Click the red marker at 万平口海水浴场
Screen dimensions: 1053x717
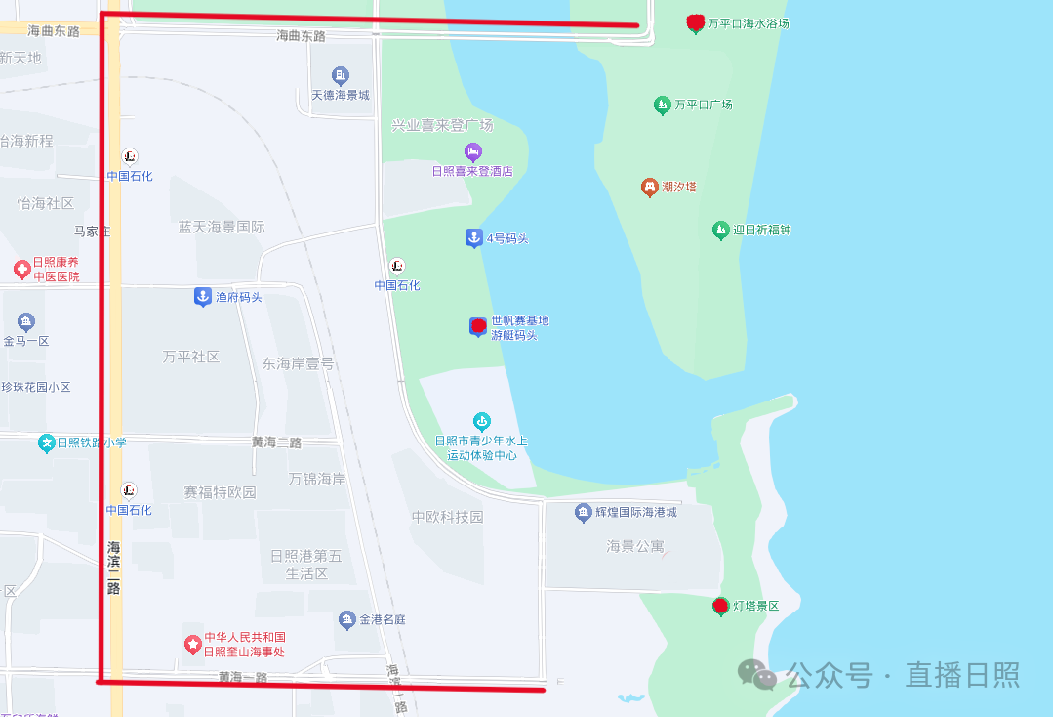[695, 22]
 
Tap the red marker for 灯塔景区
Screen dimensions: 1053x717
[721, 607]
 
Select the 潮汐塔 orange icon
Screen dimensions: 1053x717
[650, 187]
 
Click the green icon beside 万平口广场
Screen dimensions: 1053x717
[663, 105]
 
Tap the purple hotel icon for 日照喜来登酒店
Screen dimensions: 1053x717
[472, 152]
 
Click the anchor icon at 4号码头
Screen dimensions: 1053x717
[473, 238]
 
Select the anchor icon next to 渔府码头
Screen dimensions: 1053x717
[202, 296]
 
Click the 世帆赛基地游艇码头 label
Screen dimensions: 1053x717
[519, 328]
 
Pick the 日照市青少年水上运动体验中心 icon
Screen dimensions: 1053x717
[481, 421]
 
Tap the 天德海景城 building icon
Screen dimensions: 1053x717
[340, 76]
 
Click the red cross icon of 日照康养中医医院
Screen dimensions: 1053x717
[21, 269]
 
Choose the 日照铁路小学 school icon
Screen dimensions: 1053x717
[46, 443]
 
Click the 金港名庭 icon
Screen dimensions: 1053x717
[346, 619]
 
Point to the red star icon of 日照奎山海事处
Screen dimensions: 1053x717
[193, 645]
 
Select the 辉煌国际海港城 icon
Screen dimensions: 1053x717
[583, 512]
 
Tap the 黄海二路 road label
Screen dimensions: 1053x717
[276, 443]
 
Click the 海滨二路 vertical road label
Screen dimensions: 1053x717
[114, 568]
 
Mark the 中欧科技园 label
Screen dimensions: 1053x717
[447, 517]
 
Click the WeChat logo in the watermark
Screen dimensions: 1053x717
[757, 673]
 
